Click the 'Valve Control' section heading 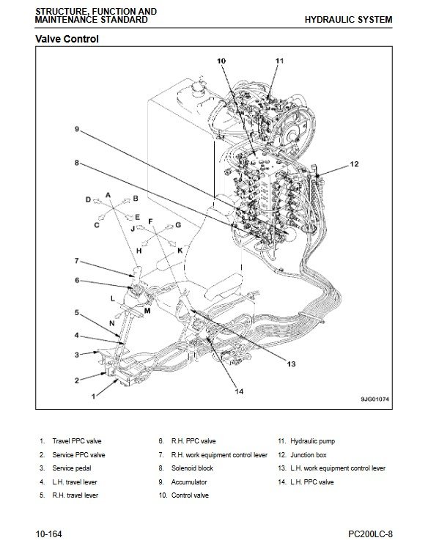coord(67,39)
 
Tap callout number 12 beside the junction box coord(354,164)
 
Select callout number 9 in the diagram coord(77,129)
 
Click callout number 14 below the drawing coord(239,391)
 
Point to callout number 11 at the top coord(280,61)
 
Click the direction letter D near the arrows coord(89,199)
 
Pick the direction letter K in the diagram coord(180,251)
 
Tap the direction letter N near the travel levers coord(112,323)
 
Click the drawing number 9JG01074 coord(374,399)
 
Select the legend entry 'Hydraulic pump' coord(312,441)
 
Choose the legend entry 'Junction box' coord(309,455)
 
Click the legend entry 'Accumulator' coord(189,482)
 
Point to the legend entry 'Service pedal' coord(72,468)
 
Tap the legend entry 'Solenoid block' coord(192,468)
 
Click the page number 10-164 coord(48,534)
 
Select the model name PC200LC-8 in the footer coord(370,534)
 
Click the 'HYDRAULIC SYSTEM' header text coord(348,20)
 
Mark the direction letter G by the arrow coord(178,225)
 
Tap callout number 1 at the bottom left coord(93,396)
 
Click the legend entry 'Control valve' coord(190,495)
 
